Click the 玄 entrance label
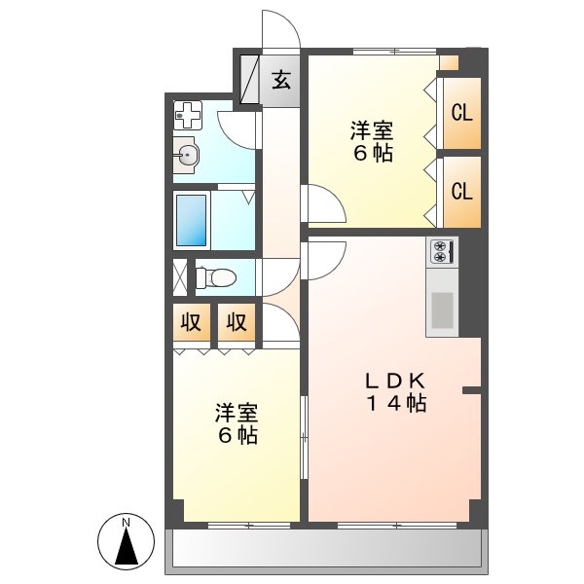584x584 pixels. (x=280, y=79)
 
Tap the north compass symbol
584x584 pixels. (x=126, y=541)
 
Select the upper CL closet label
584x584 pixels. (x=461, y=111)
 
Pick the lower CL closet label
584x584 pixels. (x=461, y=191)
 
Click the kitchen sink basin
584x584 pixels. (x=442, y=310)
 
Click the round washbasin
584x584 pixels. (x=187, y=154)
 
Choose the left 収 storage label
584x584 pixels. (x=192, y=322)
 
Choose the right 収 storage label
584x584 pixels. (x=237, y=322)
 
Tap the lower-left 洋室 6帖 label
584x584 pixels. (x=237, y=424)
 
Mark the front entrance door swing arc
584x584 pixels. (x=282, y=29)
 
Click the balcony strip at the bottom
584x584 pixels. (x=327, y=550)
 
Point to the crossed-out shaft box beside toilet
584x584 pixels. (x=179, y=276)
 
